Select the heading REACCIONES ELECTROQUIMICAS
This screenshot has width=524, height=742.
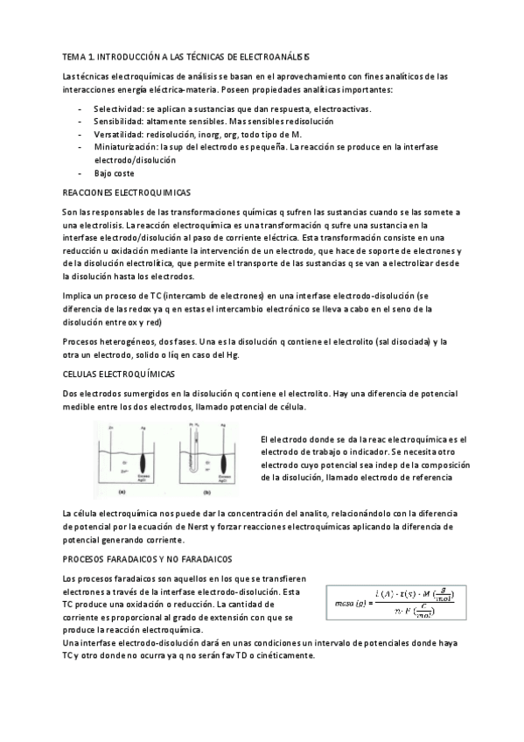[x=129, y=191]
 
